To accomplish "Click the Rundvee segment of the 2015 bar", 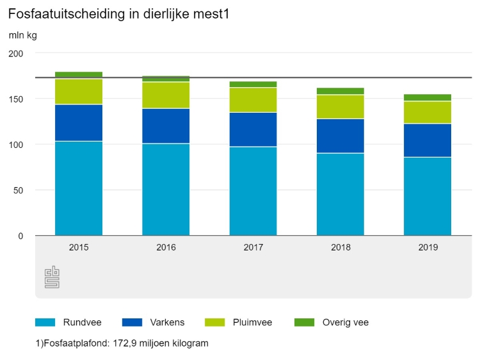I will click(79, 188).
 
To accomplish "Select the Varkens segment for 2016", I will click(166, 126).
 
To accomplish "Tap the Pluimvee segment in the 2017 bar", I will click(253, 100).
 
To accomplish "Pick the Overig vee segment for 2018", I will click(340, 91).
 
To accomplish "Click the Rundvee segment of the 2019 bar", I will click(427, 196).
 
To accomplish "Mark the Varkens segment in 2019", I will click(427, 140).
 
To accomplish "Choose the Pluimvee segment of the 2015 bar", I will click(79, 92).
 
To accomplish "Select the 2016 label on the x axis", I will click(166, 247).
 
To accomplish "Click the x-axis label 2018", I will click(340, 247).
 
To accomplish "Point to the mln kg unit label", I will click(22, 35).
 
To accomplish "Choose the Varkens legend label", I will click(168, 322).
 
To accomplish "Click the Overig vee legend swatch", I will click(304, 322).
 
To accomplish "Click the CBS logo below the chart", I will click(52, 277).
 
